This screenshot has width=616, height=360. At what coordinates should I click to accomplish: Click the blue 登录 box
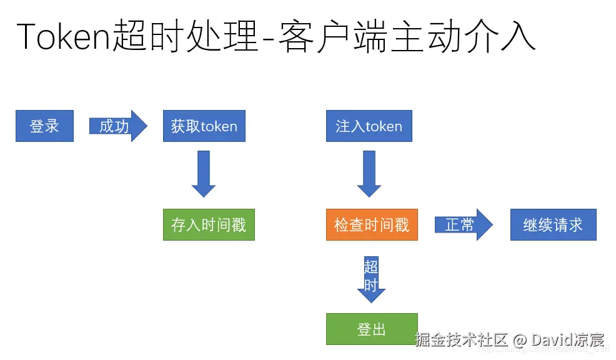tap(44, 126)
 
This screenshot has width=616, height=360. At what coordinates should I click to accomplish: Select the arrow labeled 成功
tap(117, 126)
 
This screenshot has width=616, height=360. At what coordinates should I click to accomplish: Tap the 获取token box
tap(204, 126)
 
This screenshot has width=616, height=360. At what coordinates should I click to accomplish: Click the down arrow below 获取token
tap(204, 174)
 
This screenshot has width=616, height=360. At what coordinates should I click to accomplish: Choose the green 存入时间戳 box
tap(209, 225)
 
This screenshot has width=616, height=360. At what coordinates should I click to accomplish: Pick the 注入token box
tap(369, 126)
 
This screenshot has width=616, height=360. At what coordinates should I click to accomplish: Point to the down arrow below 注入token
tap(369, 174)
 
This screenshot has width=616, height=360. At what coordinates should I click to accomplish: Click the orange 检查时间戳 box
tap(372, 225)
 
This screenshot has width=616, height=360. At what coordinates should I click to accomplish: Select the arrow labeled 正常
tap(463, 225)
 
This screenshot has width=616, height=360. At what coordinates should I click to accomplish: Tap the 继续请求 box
tap(553, 225)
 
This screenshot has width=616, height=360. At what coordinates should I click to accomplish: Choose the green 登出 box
tap(372, 329)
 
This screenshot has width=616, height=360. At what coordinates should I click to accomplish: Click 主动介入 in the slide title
tap(462, 36)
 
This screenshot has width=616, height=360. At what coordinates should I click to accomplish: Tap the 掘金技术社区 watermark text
tap(461, 340)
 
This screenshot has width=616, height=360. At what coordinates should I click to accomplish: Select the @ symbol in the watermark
tap(520, 340)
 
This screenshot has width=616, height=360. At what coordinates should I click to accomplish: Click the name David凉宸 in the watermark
tap(568, 340)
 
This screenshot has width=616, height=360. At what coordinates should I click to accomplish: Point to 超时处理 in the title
tap(186, 36)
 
